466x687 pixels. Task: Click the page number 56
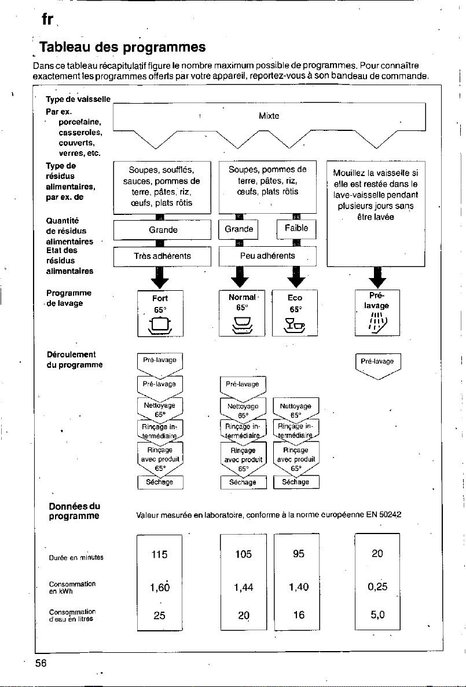(x=41, y=663)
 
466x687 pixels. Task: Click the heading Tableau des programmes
(x=123, y=47)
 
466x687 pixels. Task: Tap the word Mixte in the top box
(x=269, y=116)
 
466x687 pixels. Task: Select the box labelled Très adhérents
(x=163, y=256)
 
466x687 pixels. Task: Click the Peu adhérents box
(x=267, y=256)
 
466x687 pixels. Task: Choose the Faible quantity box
(x=296, y=228)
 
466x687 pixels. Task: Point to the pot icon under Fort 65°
(x=160, y=326)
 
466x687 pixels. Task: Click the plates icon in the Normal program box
(x=242, y=325)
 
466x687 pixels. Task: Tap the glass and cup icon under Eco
(x=295, y=326)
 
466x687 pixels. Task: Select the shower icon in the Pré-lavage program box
(x=377, y=323)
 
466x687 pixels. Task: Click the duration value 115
(x=159, y=555)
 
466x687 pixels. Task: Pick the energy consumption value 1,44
(x=244, y=587)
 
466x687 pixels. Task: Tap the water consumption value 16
(x=299, y=615)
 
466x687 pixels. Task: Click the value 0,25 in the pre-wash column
(x=377, y=587)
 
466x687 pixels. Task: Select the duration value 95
(x=299, y=554)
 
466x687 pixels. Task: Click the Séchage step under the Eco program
(x=296, y=482)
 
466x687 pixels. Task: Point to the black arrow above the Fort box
(x=160, y=277)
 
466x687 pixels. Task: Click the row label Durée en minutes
(x=76, y=558)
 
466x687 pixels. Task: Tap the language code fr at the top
(x=47, y=19)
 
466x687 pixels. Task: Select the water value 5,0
(x=377, y=615)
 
